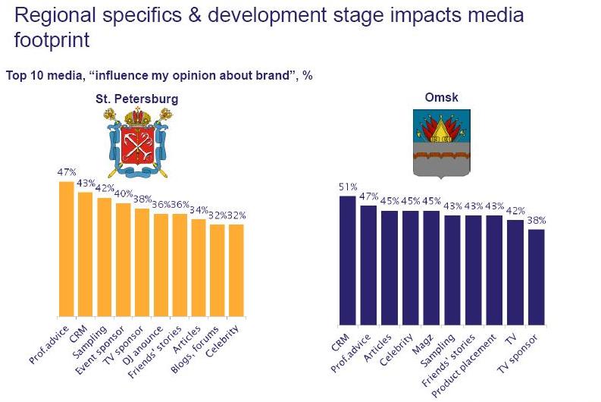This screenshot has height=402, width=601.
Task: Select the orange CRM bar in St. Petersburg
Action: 86,254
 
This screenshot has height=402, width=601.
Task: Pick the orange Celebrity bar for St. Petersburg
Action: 236,270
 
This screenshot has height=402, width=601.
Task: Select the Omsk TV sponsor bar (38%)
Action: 537,273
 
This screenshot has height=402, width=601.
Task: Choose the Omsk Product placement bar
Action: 494,266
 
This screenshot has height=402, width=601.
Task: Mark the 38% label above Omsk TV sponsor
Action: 537,221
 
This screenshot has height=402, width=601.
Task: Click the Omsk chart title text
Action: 442,97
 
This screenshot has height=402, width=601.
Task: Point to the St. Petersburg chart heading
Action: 136,99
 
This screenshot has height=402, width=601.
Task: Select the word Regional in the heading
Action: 47,15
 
